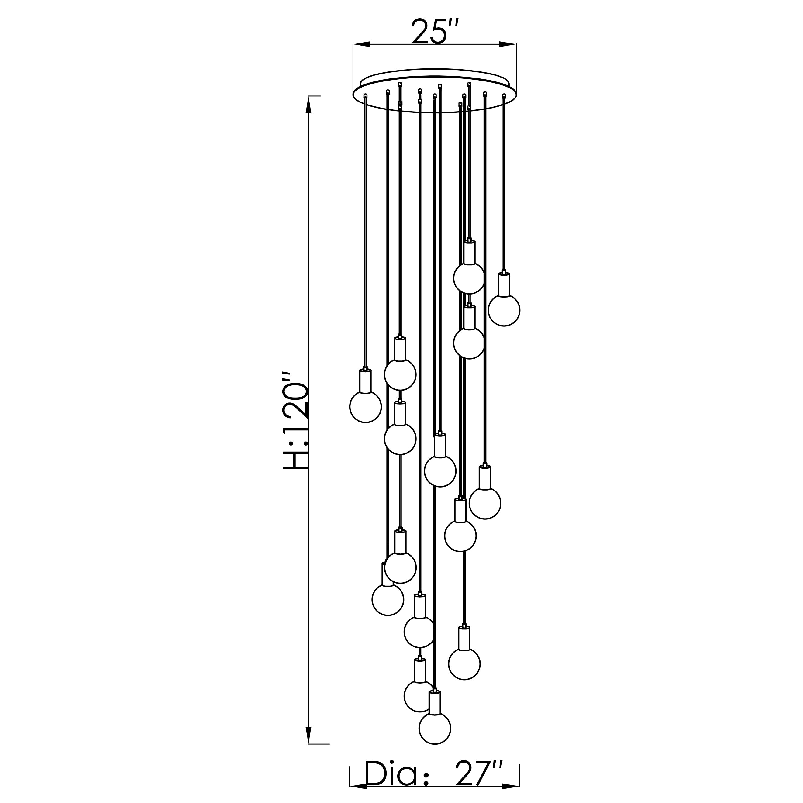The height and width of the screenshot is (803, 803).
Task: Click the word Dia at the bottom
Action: (x=391, y=774)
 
